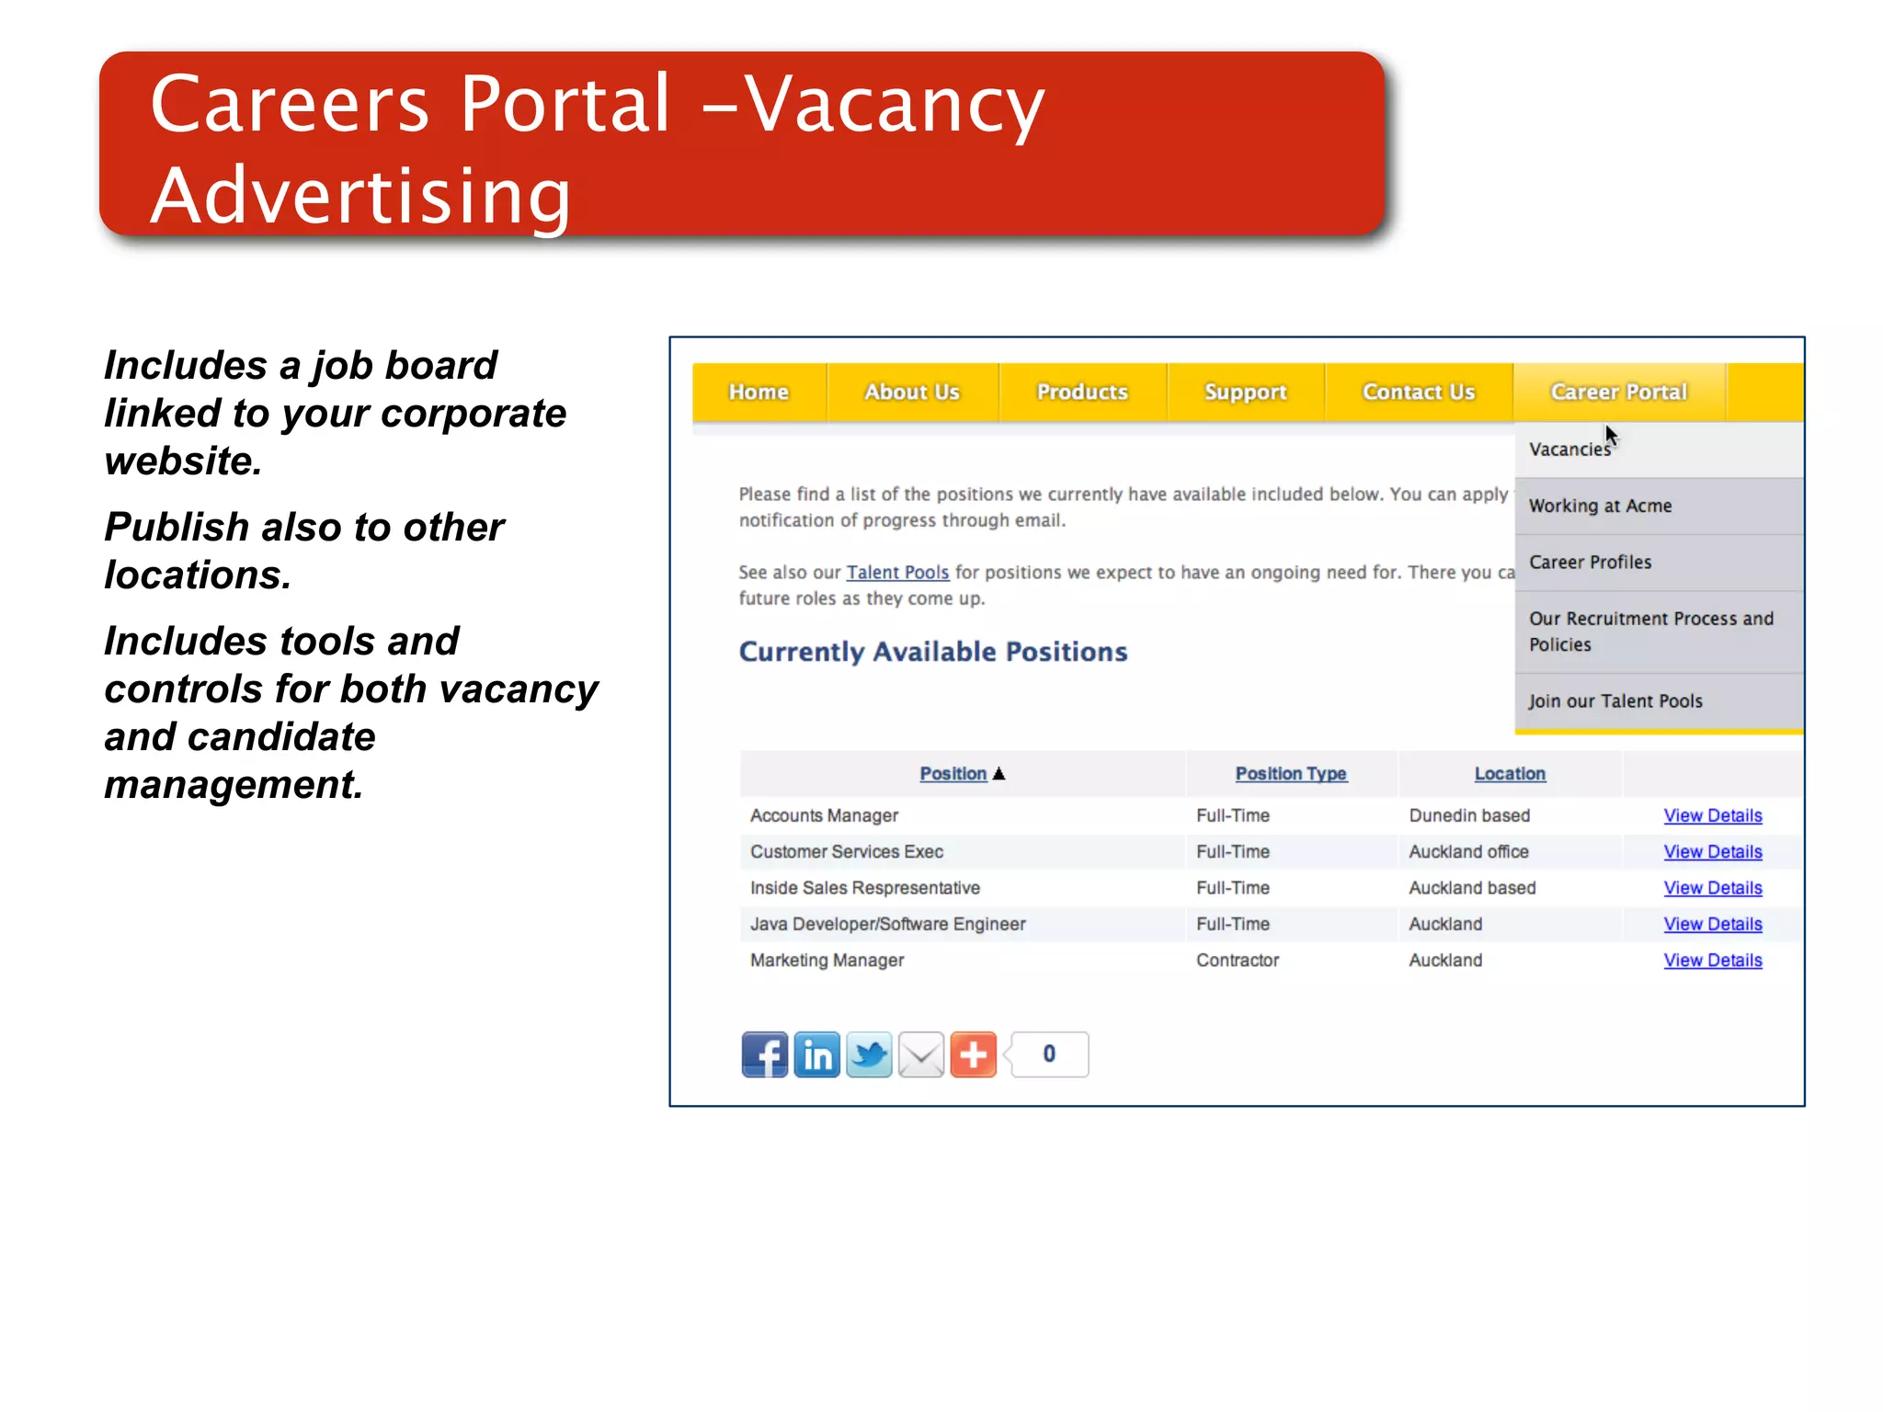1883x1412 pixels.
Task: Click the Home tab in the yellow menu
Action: (x=759, y=393)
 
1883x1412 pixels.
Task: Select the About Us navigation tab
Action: (x=911, y=393)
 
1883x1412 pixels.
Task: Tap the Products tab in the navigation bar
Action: (x=1082, y=393)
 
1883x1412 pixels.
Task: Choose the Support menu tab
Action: (x=1245, y=393)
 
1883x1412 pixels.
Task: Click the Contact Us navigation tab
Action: (x=1418, y=393)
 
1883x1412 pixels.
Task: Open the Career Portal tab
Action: (x=1618, y=393)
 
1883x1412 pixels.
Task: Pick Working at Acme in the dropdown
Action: (x=1600, y=506)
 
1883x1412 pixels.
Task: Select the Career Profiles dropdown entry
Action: (x=1590, y=562)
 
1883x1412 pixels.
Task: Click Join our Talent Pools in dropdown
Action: (x=1615, y=701)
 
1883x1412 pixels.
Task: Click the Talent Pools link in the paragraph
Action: (x=897, y=572)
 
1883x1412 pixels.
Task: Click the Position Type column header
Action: (x=1290, y=774)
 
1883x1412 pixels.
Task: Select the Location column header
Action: (x=1510, y=774)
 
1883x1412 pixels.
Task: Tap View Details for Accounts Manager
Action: (x=1712, y=815)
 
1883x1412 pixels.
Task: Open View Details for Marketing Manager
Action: (x=1712, y=960)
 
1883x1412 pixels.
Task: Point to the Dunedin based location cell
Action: (x=1469, y=815)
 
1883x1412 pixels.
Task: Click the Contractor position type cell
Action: (x=1238, y=960)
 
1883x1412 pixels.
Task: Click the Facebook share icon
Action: (x=765, y=1054)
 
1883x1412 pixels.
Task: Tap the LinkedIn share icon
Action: (x=816, y=1054)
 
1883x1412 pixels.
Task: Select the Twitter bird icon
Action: (x=869, y=1054)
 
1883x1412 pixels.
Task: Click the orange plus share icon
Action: (x=973, y=1054)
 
